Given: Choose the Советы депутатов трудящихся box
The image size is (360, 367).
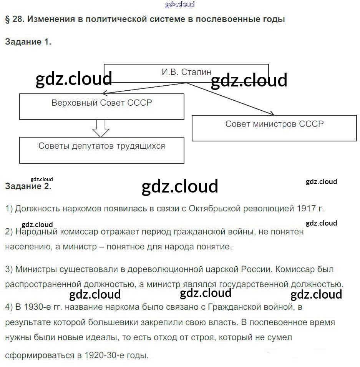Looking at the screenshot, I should [x=102, y=150].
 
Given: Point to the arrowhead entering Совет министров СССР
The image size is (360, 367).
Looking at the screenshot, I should [x=271, y=113].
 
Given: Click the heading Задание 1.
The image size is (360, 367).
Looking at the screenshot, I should [x=28, y=42].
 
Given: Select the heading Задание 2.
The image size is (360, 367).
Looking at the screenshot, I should [x=28, y=187].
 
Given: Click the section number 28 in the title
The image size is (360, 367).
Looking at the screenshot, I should [x=17, y=19].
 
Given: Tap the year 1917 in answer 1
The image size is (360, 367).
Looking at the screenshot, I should [x=306, y=209].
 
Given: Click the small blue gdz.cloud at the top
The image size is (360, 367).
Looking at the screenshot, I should [x=180, y=4].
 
